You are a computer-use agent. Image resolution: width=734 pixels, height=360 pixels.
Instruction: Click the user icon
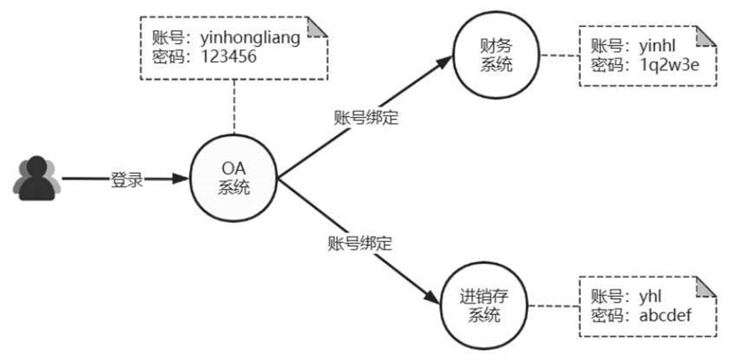[x=36, y=179]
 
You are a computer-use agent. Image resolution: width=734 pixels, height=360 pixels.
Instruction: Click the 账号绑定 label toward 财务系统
[x=366, y=118]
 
